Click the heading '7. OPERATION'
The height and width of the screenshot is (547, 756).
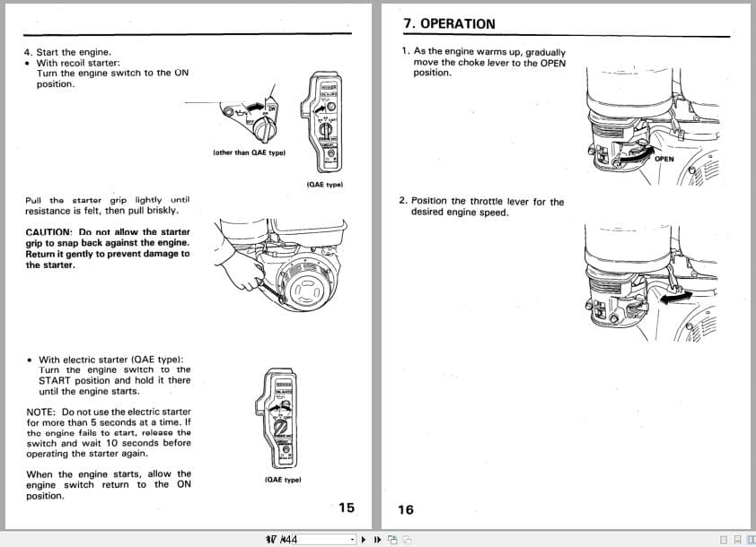click(x=449, y=23)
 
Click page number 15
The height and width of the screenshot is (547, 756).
click(x=347, y=508)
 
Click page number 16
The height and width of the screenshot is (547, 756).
click(x=406, y=509)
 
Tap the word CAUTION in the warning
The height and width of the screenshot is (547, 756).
click(x=49, y=232)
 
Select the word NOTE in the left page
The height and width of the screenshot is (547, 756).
click(x=40, y=412)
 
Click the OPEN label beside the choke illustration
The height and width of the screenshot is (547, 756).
click(x=664, y=160)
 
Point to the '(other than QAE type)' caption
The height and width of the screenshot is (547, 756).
click(x=249, y=152)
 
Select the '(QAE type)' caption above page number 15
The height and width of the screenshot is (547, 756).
click(x=283, y=480)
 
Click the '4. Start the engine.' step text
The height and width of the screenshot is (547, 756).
click(x=67, y=52)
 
